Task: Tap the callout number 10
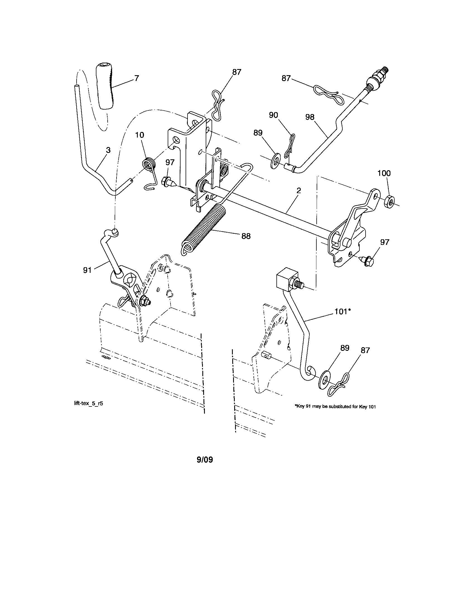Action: point(140,135)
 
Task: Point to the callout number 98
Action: point(310,117)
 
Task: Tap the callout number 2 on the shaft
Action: point(299,191)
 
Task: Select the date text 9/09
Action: point(205,460)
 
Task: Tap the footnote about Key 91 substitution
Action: point(335,407)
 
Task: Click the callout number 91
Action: point(87,270)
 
